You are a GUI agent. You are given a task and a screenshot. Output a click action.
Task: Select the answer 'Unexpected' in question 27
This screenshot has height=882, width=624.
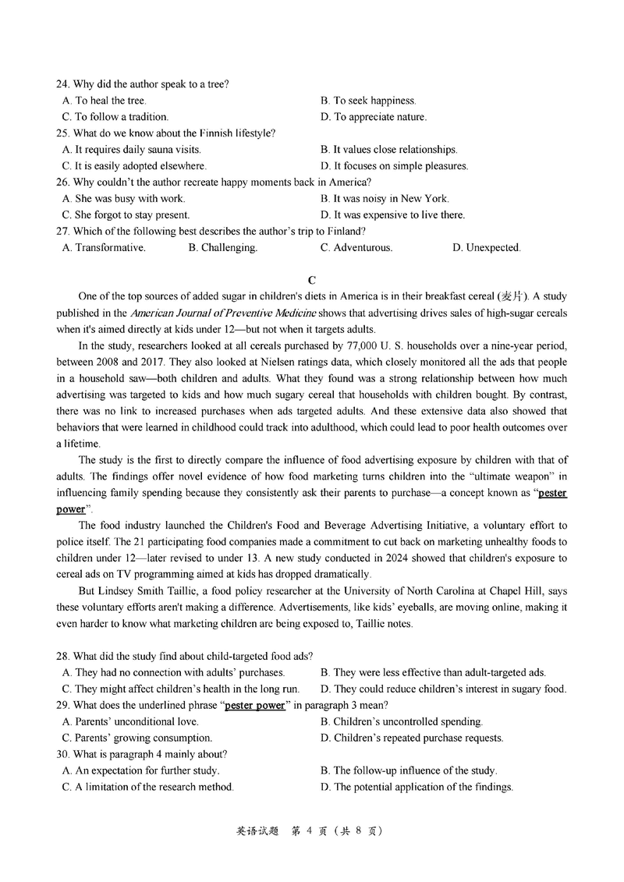coord(486,248)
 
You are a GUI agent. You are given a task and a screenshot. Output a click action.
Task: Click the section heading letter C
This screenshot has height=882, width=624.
coord(312,280)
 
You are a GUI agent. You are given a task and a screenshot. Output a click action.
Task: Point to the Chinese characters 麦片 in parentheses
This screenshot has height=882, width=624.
coord(515,296)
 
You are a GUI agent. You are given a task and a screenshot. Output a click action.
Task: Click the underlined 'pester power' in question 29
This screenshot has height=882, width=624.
coord(255,706)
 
